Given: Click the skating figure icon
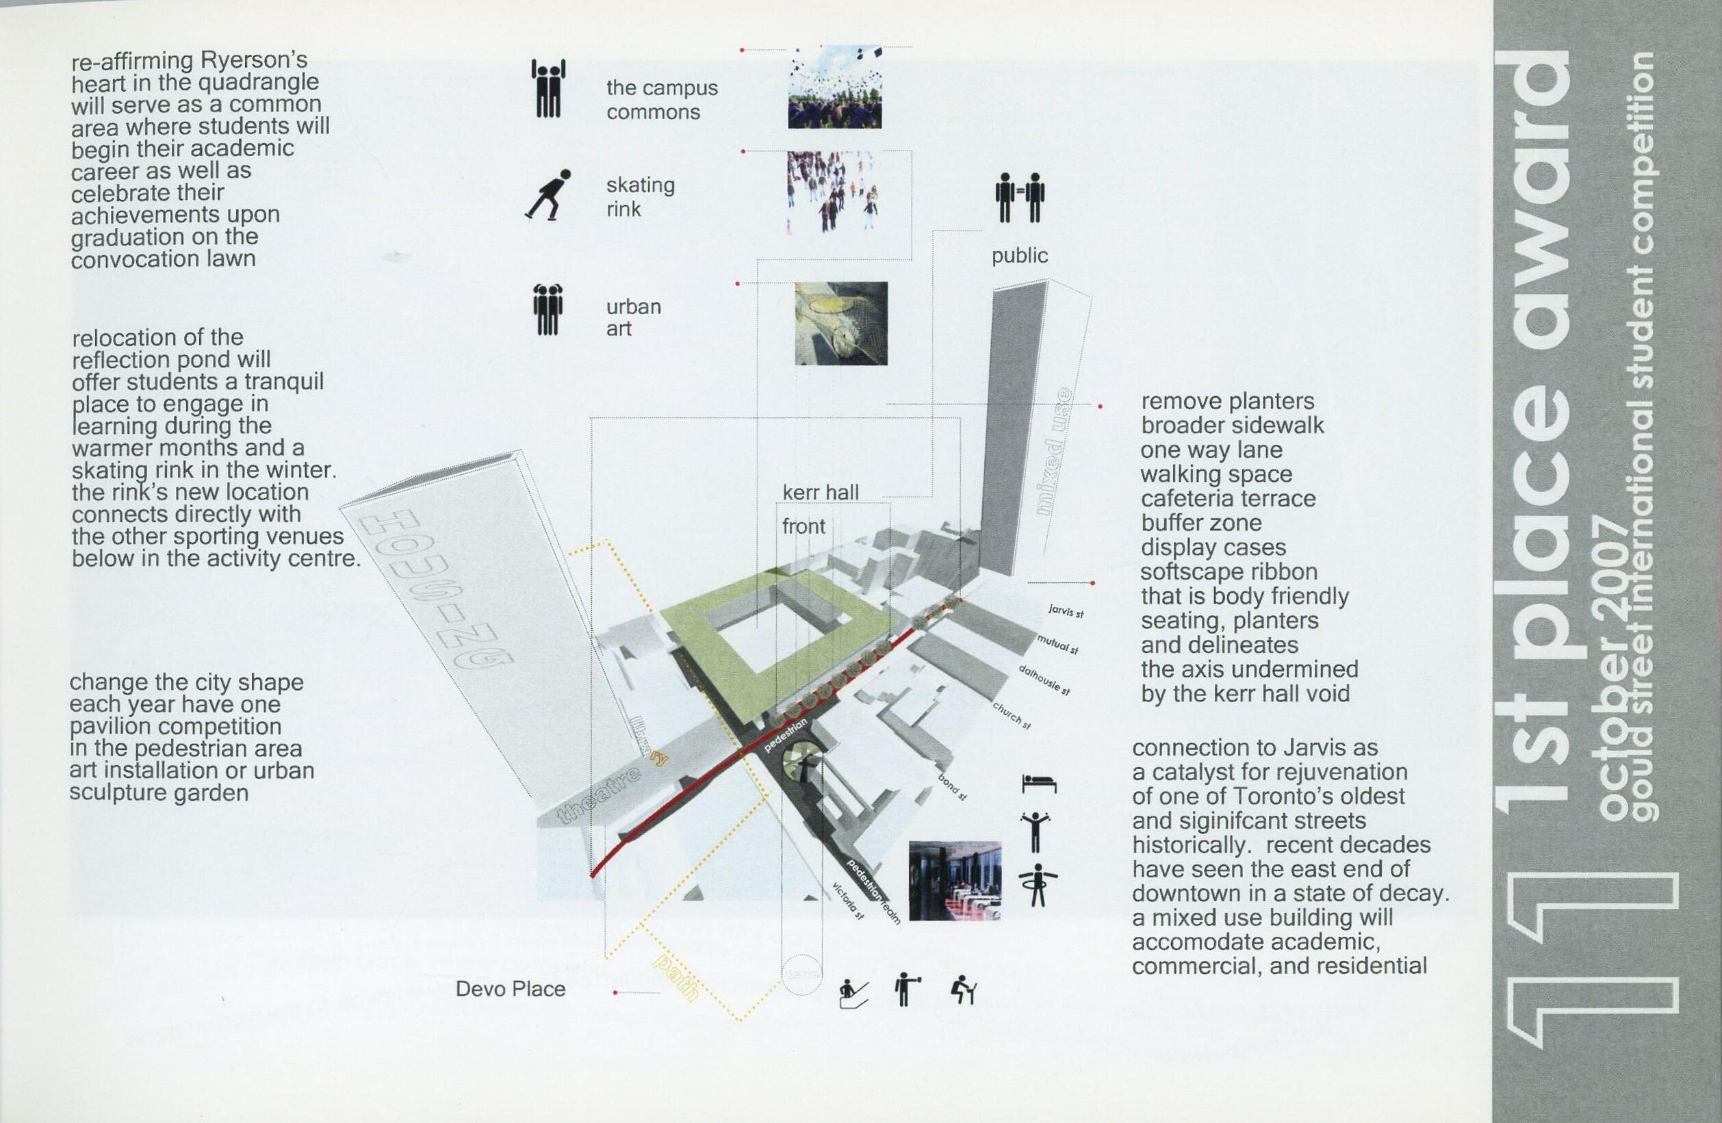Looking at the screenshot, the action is [547, 194].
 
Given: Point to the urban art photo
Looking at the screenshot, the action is [840, 323].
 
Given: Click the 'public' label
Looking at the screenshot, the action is [1020, 255].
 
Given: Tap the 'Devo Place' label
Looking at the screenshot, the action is [510, 989].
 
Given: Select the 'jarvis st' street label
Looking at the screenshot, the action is [1066, 611].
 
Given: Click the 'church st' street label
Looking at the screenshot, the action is [1011, 715].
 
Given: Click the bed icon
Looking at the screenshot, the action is [1038, 784].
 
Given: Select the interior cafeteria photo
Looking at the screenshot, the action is [954, 881].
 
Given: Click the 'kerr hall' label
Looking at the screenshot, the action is [821, 493].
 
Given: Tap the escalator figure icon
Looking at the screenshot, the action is [853, 993].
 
